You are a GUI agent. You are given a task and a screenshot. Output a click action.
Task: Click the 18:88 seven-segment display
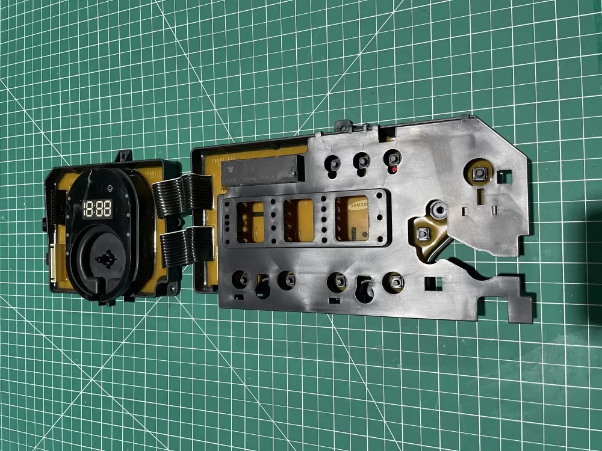97,209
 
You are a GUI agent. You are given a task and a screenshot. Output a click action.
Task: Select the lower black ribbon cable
184,247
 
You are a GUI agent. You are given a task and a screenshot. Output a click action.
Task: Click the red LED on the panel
393,170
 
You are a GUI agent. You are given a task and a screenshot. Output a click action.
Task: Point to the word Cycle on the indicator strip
231,179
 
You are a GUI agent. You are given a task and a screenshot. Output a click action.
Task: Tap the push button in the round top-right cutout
479,174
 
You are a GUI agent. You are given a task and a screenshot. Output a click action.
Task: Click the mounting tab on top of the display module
125,156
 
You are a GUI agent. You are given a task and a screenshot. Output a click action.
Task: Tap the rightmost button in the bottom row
395,282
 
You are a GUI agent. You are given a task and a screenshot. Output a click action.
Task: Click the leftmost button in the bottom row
240,278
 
